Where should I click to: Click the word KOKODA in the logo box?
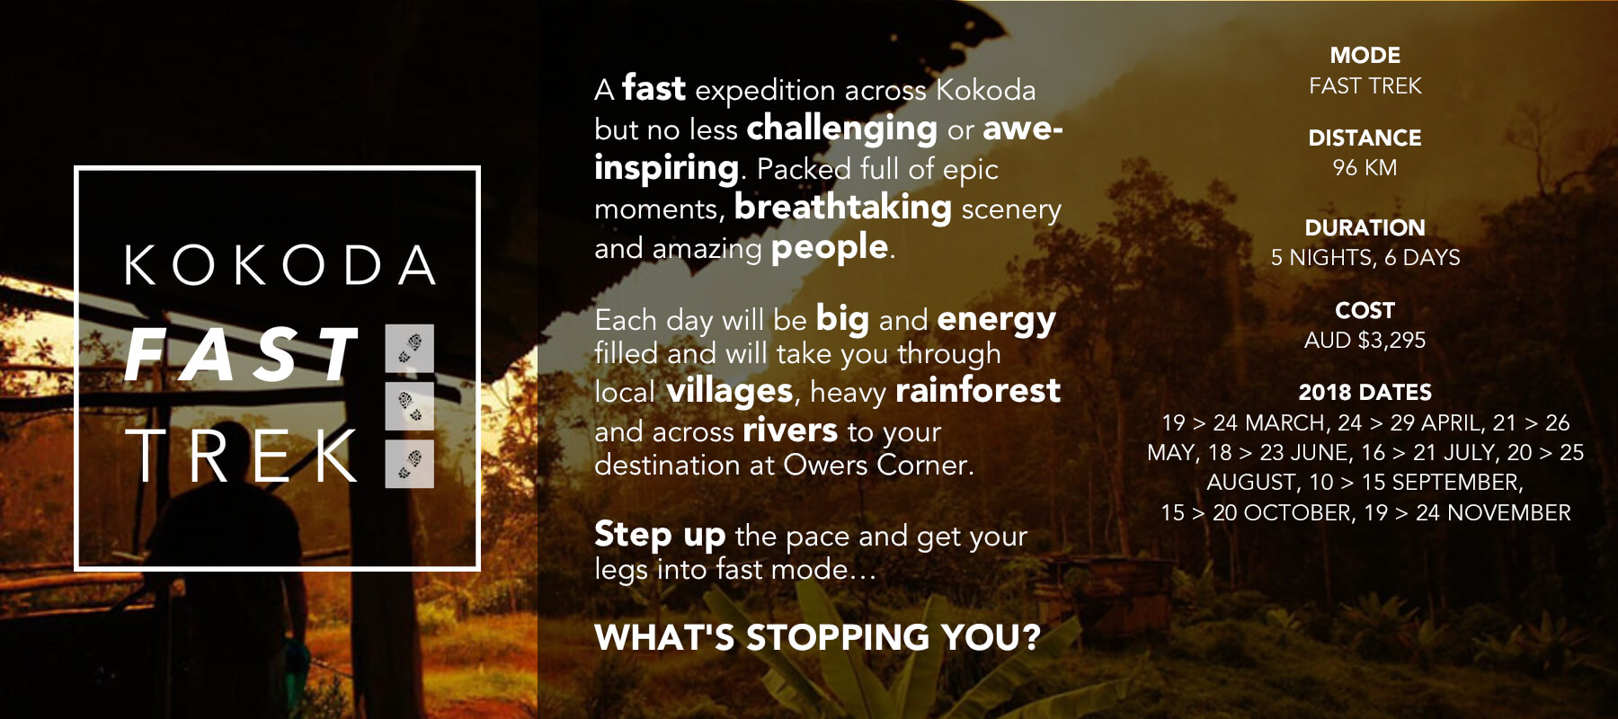point(280,264)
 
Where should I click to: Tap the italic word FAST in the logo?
point(242,355)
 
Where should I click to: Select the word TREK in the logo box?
point(242,456)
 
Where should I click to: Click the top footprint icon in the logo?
point(410,348)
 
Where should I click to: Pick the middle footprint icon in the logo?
point(410,405)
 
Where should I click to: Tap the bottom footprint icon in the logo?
point(410,464)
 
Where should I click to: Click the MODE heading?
point(1365,56)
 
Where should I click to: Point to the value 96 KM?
point(1365,168)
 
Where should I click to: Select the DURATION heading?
point(1365,227)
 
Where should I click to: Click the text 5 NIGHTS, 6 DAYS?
point(1365,258)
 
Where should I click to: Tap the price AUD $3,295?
point(1365,341)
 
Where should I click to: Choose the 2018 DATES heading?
point(1365,393)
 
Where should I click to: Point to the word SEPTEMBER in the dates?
point(1457,483)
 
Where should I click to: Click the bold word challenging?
point(842,129)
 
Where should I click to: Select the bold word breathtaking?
point(843,208)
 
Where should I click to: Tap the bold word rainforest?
point(978,391)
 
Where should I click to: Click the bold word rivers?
point(790,431)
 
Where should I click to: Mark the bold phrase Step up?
point(660,536)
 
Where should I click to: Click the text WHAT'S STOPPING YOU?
point(817,637)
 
